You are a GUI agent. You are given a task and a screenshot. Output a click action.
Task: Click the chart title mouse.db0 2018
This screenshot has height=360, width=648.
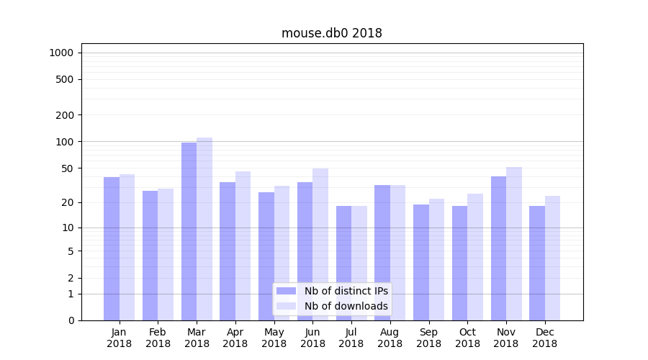331,33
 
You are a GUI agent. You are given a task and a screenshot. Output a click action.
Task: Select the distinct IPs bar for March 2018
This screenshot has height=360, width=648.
189,230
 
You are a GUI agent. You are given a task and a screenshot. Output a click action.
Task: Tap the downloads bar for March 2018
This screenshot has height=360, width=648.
204,228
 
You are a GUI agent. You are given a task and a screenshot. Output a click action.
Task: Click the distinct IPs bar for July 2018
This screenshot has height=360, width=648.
343,263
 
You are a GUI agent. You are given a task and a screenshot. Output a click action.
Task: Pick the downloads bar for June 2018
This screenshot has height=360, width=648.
320,244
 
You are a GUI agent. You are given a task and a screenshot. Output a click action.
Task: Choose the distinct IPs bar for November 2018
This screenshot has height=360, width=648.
498,248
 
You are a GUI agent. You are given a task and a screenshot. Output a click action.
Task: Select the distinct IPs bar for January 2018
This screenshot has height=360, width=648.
112,248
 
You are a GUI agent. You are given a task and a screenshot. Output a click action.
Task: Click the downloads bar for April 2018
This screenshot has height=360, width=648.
243,246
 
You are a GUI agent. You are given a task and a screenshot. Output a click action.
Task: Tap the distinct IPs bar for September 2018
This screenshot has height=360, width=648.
421,262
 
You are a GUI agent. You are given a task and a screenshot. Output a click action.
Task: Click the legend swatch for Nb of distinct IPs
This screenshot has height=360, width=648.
286,291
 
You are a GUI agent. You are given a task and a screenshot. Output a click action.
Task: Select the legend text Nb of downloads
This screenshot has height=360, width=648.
346,306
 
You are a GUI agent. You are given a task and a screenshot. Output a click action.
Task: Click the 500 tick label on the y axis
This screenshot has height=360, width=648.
64,79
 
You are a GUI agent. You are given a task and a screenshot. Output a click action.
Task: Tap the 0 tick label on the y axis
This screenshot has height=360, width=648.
71,320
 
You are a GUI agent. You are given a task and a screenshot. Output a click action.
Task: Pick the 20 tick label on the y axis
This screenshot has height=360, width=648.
67,202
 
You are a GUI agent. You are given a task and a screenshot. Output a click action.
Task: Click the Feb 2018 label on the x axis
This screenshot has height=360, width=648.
158,338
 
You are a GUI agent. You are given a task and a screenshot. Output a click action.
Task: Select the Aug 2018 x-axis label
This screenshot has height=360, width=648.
390,338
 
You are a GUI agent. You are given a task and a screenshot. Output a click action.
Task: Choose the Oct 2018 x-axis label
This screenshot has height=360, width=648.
467,338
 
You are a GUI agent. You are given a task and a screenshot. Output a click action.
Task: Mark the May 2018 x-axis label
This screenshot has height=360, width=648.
274,338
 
